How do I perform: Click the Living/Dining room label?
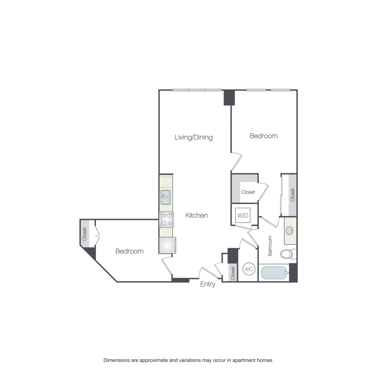[194, 137]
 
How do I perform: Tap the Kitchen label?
[196, 215]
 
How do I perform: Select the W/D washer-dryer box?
[243, 216]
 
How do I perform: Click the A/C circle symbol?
[248, 269]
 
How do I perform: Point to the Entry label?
[207, 284]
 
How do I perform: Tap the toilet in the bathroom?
[287, 254]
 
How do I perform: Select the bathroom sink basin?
[290, 231]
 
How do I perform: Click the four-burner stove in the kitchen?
[166, 219]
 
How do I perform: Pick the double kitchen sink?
[166, 197]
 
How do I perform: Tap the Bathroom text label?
[270, 246]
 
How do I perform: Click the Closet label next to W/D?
[248, 192]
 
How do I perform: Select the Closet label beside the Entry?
[233, 273]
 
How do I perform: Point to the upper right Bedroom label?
[263, 136]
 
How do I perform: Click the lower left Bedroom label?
[129, 251]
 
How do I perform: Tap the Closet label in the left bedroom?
[85, 234]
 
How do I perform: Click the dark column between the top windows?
[229, 98]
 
